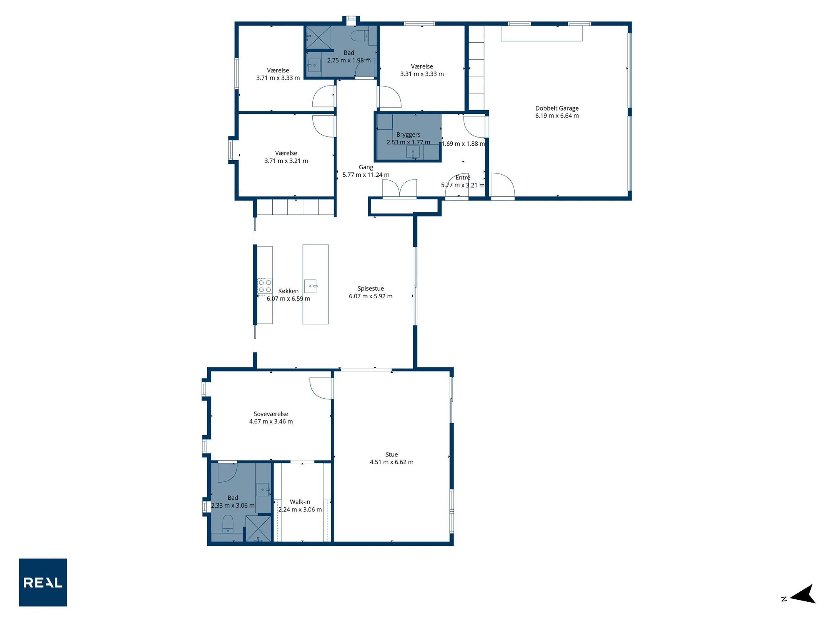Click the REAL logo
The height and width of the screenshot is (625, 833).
tap(43, 582)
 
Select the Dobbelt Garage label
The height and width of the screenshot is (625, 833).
tap(557, 108)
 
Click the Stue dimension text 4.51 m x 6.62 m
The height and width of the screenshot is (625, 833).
tap(392, 462)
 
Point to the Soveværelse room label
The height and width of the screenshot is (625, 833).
tap(271, 414)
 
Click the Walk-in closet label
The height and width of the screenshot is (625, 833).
tap(300, 502)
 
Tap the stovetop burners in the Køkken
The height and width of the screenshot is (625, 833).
tap(265, 286)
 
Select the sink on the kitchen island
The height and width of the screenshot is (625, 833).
tap(311, 286)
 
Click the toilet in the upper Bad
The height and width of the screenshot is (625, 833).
tap(360, 36)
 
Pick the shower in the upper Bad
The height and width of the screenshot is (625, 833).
tap(318, 37)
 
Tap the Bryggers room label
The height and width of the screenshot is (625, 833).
tap(408, 135)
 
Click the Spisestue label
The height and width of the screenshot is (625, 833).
tap(371, 288)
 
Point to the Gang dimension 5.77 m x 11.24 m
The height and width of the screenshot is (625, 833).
tap(366, 175)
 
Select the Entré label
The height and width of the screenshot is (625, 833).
tap(463, 178)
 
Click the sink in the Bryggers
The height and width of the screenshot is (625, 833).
tap(413, 152)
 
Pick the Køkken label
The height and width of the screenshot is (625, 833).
tap(288, 291)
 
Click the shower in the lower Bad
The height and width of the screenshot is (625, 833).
tap(258, 529)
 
